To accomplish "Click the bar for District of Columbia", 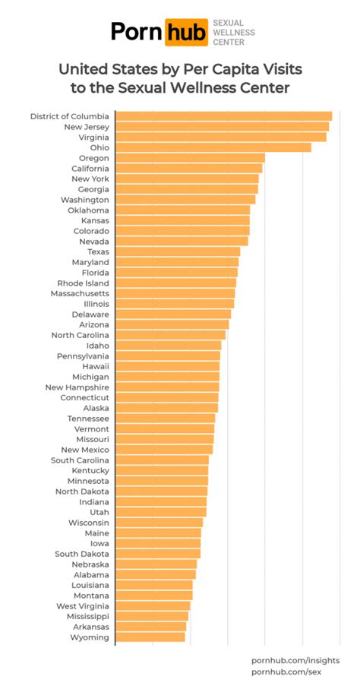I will (223, 116).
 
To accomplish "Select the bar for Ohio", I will (213, 147).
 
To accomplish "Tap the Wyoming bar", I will (150, 637).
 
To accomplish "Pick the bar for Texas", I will (178, 251).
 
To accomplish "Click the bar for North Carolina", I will (171, 335).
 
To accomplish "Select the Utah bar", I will (161, 512).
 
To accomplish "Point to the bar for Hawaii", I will (167, 366).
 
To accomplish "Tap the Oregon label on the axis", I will (93, 158).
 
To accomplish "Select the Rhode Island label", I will (83, 283).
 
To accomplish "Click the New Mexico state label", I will (85, 450).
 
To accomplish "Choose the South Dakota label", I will (82, 554).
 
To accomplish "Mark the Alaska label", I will (96, 408).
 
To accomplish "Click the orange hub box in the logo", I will (185, 31).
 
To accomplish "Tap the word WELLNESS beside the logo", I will (233, 33).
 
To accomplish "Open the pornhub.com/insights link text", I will (295, 661).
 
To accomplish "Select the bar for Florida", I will (176, 272).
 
